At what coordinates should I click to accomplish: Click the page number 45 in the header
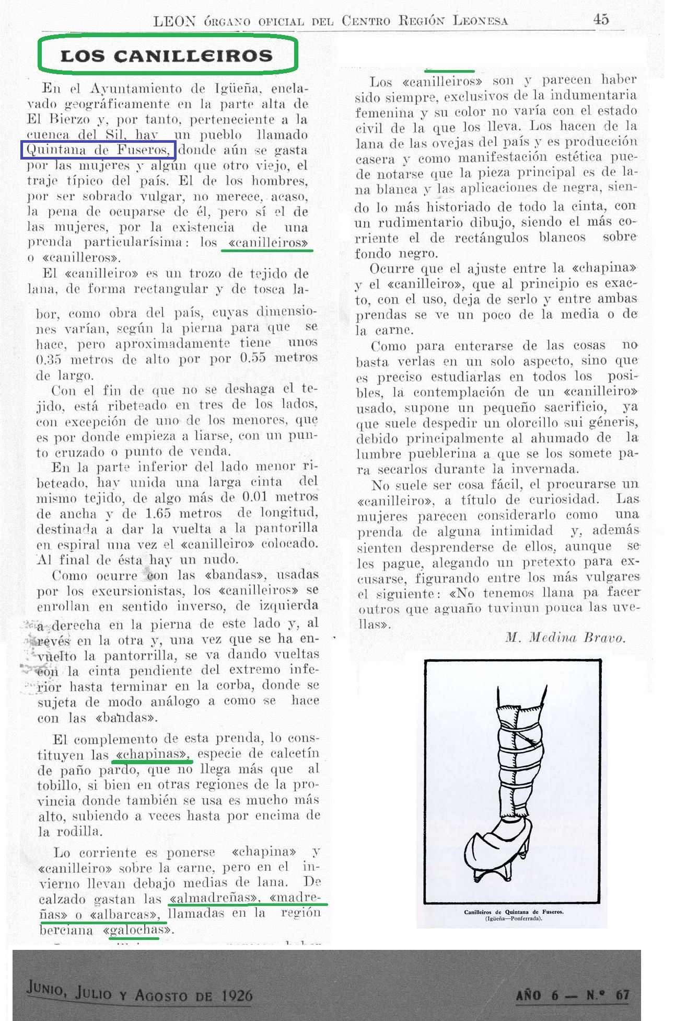coord(601,19)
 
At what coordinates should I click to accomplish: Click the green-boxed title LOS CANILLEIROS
coord(167,55)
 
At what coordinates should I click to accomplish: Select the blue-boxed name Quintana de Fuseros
coord(98,150)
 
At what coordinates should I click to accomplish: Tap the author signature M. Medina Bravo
coord(565,638)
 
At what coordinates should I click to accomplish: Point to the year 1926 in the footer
coord(237,995)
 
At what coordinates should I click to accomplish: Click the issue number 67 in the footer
coord(622,995)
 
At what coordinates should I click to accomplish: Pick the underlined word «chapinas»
coord(152,755)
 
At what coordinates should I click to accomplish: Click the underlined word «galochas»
coord(137,931)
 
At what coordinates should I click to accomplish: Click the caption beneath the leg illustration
coord(514,915)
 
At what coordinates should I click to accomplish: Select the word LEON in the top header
coord(174,21)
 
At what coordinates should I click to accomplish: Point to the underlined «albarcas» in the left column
coord(124,915)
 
